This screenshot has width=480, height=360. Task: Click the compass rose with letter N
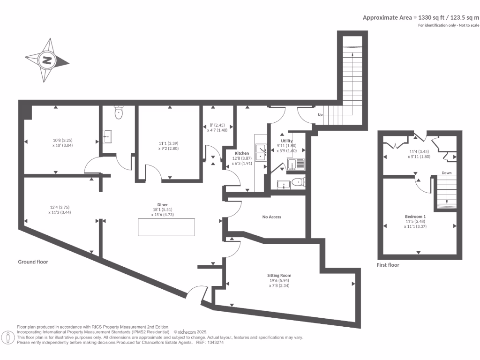click(x=47, y=60)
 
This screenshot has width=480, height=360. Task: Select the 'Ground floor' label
click(x=33, y=262)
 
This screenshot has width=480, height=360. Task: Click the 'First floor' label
click(x=388, y=265)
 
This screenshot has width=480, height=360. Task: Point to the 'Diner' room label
click(x=163, y=204)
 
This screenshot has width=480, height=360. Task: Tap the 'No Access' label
click(x=272, y=217)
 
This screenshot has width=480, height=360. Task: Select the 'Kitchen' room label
click(x=242, y=153)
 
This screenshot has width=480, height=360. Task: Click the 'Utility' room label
click(x=287, y=141)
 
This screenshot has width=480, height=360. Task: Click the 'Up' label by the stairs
click(x=320, y=115)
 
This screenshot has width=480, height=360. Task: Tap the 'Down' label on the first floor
click(x=446, y=173)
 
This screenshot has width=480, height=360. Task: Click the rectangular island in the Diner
click(x=166, y=227)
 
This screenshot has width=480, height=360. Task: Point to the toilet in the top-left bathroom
click(x=118, y=112)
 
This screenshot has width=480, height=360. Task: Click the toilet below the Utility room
click(x=297, y=182)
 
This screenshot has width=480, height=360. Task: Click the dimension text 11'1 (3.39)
click(x=168, y=143)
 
